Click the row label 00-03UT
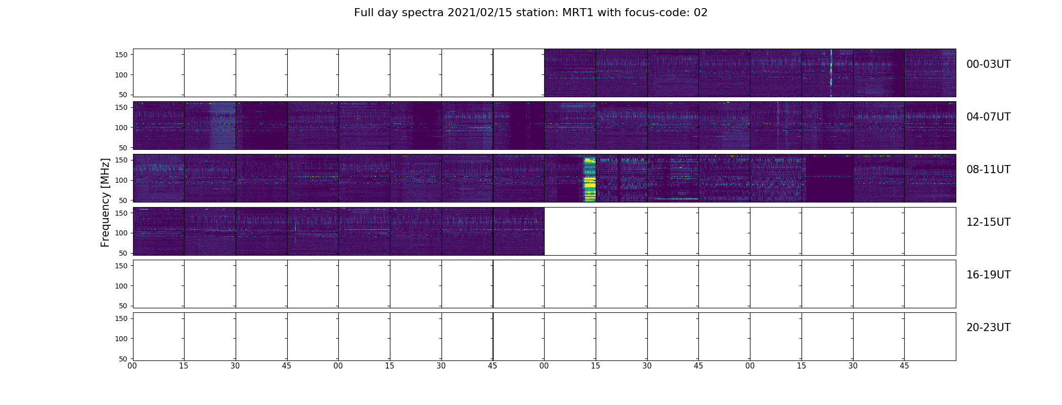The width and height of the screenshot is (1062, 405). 988,64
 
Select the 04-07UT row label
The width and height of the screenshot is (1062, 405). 988,117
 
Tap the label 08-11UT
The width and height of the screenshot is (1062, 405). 988,170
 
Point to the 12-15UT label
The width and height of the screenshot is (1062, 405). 988,222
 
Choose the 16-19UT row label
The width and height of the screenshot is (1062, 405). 988,275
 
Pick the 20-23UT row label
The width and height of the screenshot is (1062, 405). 988,328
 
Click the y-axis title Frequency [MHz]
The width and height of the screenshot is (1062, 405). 105,202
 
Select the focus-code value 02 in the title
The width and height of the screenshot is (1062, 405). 700,13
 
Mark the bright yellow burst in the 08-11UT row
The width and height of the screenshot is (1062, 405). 590,180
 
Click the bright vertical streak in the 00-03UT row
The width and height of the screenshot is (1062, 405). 831,73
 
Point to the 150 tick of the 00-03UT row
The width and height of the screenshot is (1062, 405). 122,55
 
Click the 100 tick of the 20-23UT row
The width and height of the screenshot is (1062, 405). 122,339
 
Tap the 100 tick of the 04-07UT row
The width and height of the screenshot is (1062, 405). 122,128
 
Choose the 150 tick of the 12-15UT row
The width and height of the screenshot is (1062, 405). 122,213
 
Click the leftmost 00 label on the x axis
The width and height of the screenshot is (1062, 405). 132,366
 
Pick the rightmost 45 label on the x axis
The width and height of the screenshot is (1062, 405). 904,366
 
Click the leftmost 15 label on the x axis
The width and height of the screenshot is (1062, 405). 184,366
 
